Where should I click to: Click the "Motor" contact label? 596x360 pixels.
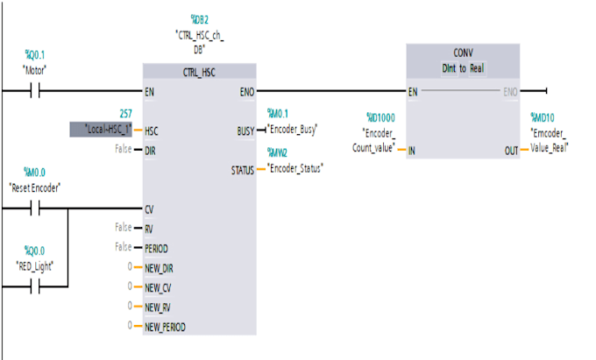click(34, 68)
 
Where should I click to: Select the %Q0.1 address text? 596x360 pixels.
click(34, 54)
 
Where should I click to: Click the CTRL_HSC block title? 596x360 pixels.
click(199, 71)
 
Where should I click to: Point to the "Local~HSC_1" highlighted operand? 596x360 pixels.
click(101, 130)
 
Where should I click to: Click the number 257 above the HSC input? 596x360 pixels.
click(125, 114)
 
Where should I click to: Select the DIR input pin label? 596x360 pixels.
click(152, 150)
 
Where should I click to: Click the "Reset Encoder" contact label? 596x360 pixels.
click(34, 187)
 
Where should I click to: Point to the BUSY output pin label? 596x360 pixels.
click(245, 131)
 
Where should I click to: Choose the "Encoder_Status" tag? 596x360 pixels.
click(295, 167)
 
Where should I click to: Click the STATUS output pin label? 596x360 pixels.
click(242, 169)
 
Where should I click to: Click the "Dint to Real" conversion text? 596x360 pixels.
click(463, 67)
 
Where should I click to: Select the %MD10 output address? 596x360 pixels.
click(543, 116)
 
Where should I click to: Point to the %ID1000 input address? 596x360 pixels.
click(381, 116)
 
